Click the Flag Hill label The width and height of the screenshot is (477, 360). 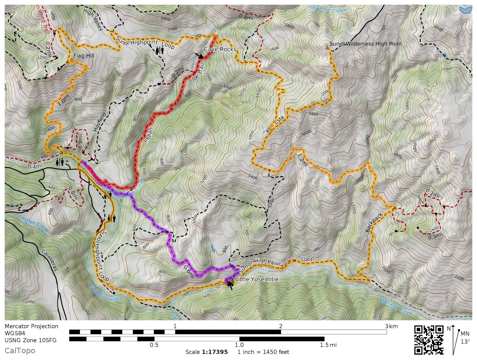pyautogui.click(x=84, y=56)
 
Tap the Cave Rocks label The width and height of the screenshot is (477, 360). pyautogui.click(x=220, y=49)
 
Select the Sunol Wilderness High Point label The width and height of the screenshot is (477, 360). pyautogui.click(x=366, y=44)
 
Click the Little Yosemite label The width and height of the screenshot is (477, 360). pyautogui.click(x=257, y=279)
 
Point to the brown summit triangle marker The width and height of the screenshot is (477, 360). pyautogui.click(x=327, y=47)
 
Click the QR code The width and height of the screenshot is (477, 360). pyautogui.click(x=429, y=340)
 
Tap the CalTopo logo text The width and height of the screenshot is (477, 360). pyautogui.click(x=20, y=350)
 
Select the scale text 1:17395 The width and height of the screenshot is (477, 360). pyautogui.click(x=215, y=352)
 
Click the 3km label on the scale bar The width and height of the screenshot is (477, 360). pyautogui.click(x=391, y=326)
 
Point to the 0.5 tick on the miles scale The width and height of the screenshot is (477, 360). pyautogui.click(x=154, y=345)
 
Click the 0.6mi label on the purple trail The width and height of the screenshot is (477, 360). pyautogui.click(x=189, y=271)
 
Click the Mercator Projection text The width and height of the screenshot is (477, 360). pyautogui.click(x=31, y=326)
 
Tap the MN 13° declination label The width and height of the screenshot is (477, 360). pyautogui.click(x=465, y=337)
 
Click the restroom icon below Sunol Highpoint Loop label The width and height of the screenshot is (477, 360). pyautogui.click(x=159, y=51)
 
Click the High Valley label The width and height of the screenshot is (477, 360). pyautogui.click(x=93, y=19)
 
